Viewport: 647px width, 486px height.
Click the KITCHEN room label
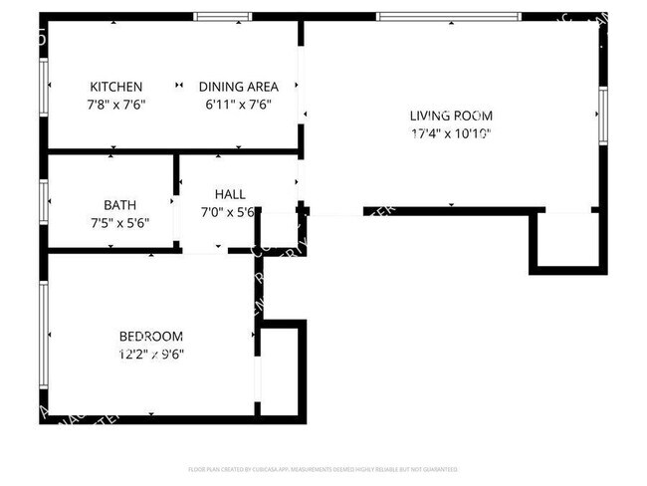(x=116, y=87)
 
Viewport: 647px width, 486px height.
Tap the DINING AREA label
(x=238, y=87)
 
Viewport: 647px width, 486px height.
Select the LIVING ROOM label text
(x=451, y=115)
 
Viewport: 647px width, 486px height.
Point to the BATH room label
(x=119, y=205)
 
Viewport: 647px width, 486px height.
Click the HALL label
(x=230, y=194)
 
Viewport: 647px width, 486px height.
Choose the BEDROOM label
(x=150, y=336)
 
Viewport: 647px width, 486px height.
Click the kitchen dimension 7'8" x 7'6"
(x=116, y=104)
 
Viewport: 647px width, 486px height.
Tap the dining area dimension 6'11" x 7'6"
(x=238, y=104)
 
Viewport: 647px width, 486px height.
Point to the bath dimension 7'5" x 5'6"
(x=119, y=223)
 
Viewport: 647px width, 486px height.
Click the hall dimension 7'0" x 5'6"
(x=230, y=212)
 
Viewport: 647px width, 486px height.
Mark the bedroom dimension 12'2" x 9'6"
(x=150, y=354)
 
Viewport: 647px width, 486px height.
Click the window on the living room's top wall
(x=448, y=16)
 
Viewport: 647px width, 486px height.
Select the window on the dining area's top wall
(x=222, y=16)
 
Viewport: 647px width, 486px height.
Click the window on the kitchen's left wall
(x=44, y=87)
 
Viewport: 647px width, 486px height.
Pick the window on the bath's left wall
(x=44, y=200)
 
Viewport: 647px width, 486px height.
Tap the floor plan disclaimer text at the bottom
(x=323, y=468)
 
